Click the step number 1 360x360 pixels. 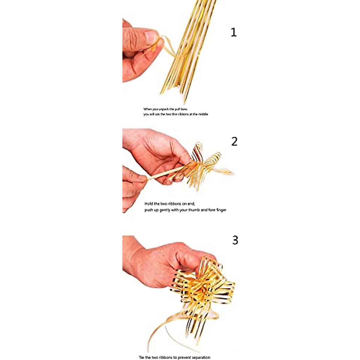(233, 32)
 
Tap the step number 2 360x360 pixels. (234, 141)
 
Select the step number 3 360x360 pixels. (235, 240)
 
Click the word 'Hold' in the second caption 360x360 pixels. (149, 204)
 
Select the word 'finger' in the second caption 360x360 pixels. (221, 210)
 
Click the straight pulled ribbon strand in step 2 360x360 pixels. (165, 173)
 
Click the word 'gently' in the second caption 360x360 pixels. (164, 210)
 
